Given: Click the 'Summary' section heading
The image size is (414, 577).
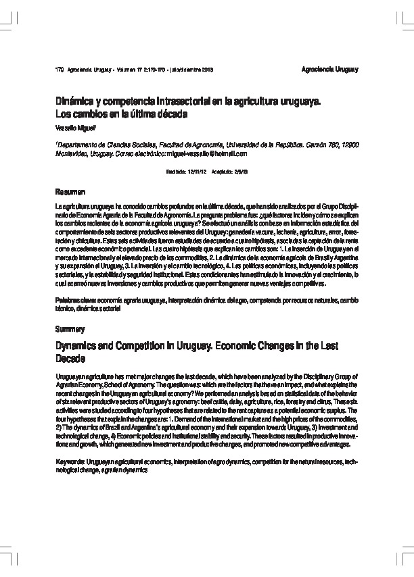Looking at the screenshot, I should click(69, 329).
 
